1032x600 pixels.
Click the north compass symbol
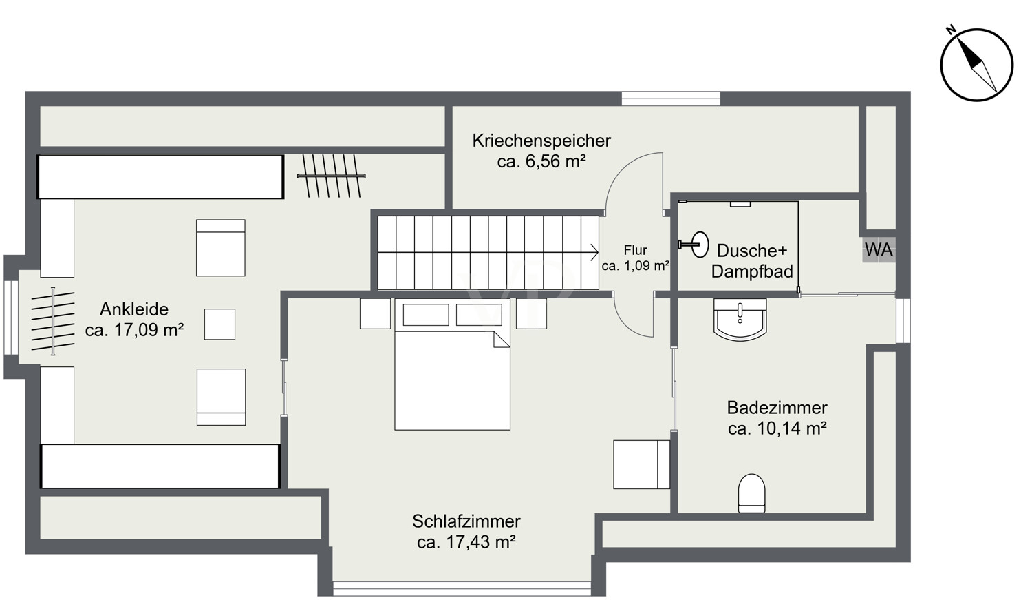coord(976,64)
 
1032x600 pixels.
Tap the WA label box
coord(879,249)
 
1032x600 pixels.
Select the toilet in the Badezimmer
coord(751,493)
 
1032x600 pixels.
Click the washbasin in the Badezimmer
coord(740,319)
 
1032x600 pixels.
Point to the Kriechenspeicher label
coord(541,141)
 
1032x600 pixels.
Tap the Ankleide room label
coord(134,309)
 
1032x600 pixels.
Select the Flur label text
coord(635,250)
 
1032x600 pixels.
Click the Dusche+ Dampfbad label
coord(752,260)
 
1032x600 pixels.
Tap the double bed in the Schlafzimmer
coord(453,364)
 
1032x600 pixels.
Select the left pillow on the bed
coord(426,315)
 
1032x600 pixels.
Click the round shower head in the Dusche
coord(700,245)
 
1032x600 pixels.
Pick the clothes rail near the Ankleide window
coord(53,321)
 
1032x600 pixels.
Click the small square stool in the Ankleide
coord(219,324)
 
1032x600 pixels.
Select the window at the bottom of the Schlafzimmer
coord(462,588)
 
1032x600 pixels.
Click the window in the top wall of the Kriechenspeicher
coord(671,99)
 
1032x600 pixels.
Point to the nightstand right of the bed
coord(531,313)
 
